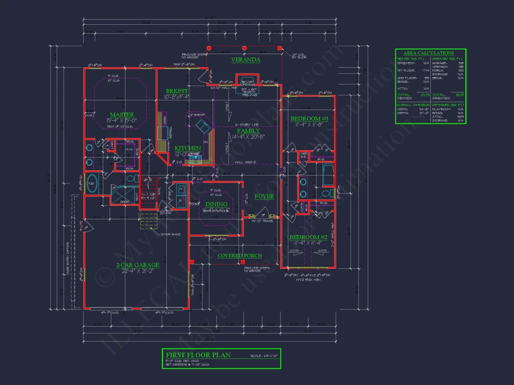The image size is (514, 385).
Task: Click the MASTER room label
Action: coord(121,114)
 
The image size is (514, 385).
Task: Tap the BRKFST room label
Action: coord(177,91)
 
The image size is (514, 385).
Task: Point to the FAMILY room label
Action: coord(248,131)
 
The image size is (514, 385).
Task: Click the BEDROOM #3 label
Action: coord(309,119)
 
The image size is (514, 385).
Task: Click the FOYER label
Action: coord(264,196)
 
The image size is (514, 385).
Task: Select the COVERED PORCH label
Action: coord(240,256)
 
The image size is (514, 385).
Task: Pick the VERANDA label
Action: coord(246,60)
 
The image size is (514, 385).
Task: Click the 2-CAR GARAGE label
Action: coord(138,265)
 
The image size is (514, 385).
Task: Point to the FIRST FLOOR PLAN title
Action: coord(199,355)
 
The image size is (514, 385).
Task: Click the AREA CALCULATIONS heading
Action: coord(428,53)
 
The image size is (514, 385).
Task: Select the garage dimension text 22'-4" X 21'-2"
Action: coord(138,271)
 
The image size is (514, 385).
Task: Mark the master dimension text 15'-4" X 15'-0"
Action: coord(121,120)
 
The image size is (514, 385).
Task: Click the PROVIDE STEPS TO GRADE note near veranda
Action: coord(194,56)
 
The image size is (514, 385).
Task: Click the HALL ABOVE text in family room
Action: coord(245,162)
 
